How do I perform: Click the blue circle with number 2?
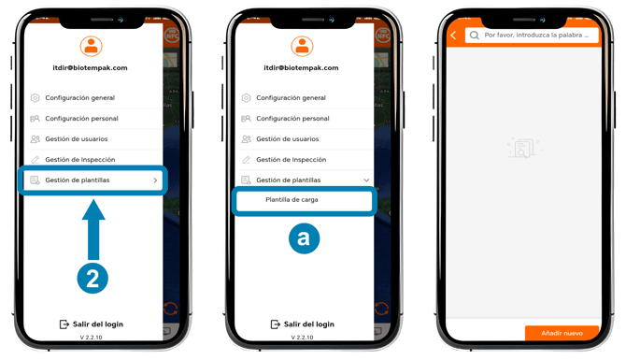[92, 279]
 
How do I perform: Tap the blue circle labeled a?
[304, 238]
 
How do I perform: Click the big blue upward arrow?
[93, 230]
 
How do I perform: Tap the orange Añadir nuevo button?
[562, 333]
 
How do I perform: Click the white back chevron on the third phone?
[453, 36]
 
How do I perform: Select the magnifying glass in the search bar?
[475, 36]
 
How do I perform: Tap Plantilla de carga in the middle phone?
[292, 200]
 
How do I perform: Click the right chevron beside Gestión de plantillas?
[155, 180]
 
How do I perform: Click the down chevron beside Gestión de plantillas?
[366, 180]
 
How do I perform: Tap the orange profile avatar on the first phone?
[91, 47]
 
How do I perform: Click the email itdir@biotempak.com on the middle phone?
[301, 68]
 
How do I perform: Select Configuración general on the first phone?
[79, 98]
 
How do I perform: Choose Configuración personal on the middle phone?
[292, 119]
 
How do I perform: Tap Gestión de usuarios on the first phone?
[77, 139]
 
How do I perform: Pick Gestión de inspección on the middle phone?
[291, 160]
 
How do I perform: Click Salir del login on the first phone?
[98, 324]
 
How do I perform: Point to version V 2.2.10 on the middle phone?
[302, 338]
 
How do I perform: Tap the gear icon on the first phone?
[36, 98]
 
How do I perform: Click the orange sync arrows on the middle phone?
[381, 309]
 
